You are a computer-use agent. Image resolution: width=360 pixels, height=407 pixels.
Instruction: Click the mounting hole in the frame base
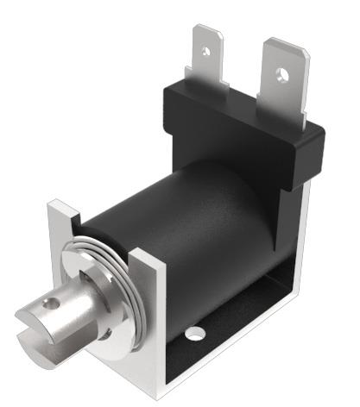(x=198, y=332)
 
